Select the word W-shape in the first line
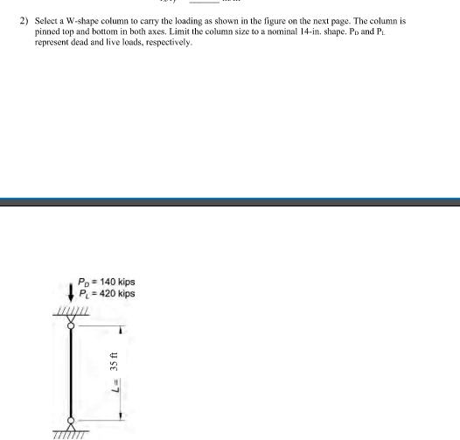click(83, 18)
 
